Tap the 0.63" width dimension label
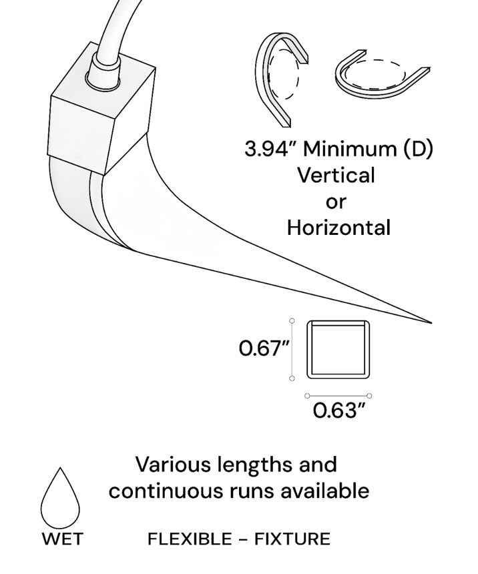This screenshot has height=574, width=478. pos(340,410)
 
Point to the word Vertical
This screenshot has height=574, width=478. pos(336,175)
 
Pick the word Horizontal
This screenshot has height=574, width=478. pos(338,228)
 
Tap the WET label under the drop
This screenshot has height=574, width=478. pos(62,539)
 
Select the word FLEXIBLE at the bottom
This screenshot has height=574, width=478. pos(190,539)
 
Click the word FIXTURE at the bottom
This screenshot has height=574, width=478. pos(292,539)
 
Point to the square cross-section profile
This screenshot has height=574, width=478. pos(338,350)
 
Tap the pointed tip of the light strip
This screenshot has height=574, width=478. pos(431,323)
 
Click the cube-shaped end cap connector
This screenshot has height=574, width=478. pos(101,108)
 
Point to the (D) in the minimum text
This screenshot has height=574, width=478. pos(418,149)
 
